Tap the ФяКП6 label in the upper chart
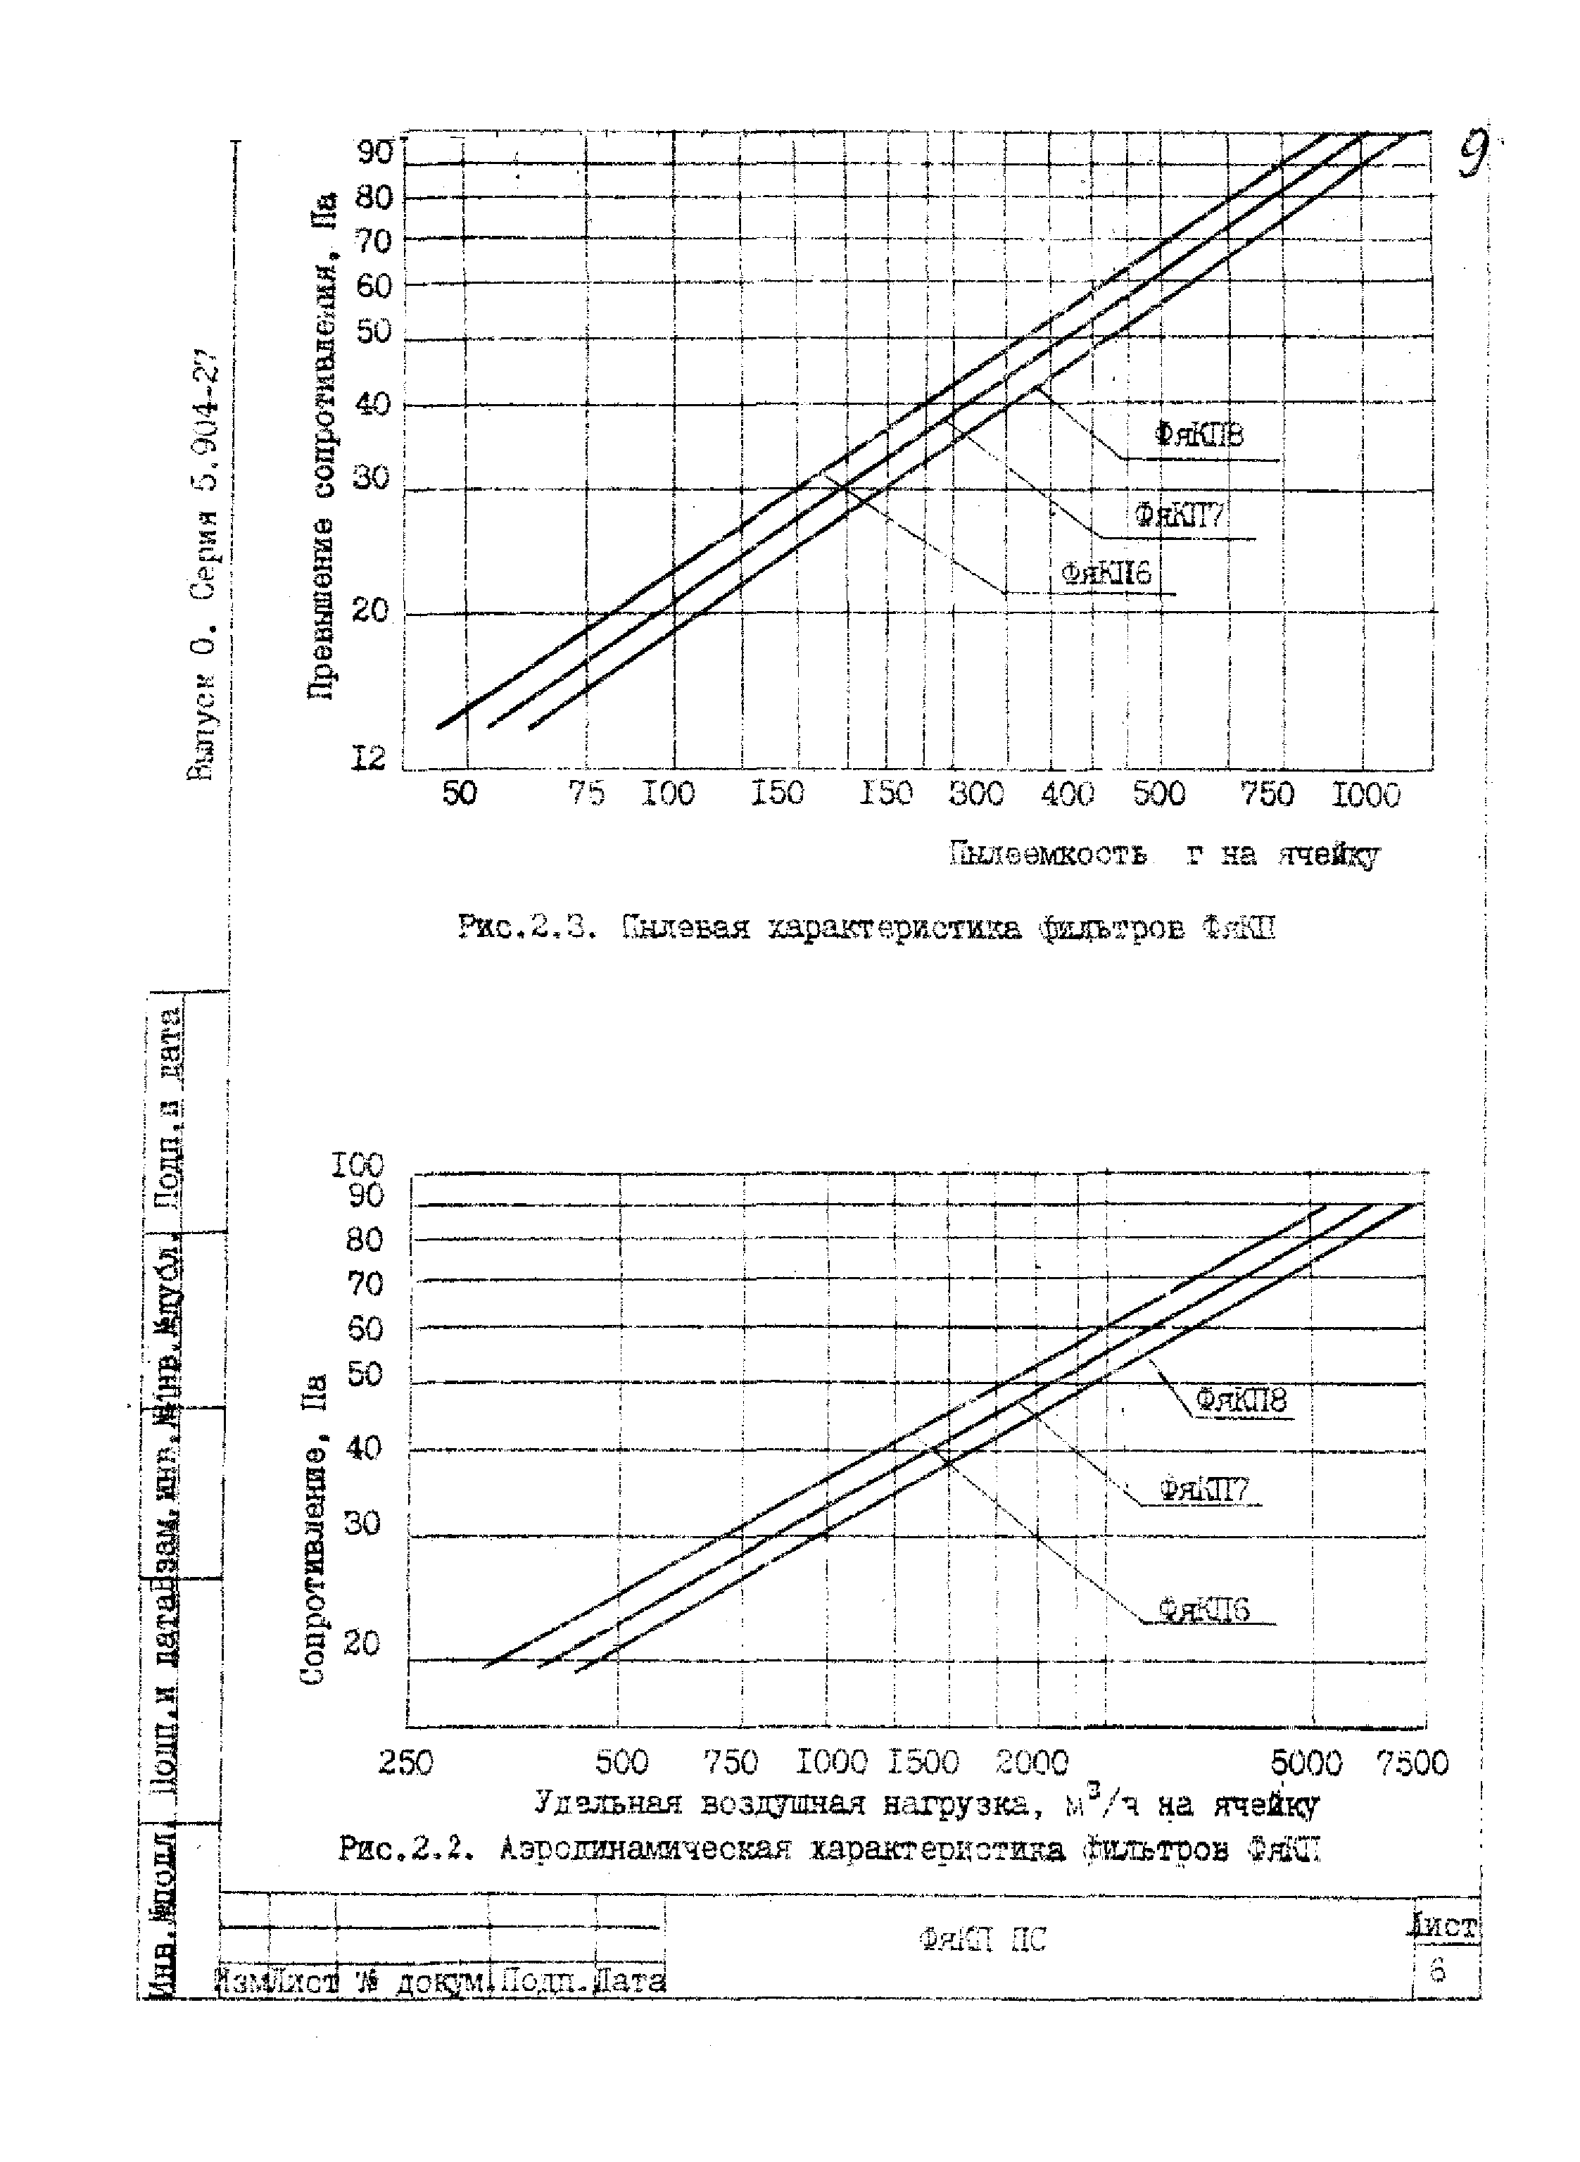(1106, 573)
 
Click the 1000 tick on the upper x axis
(1366, 796)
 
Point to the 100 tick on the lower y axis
(357, 1165)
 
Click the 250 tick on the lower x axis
(405, 1762)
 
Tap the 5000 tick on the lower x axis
(1306, 1762)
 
